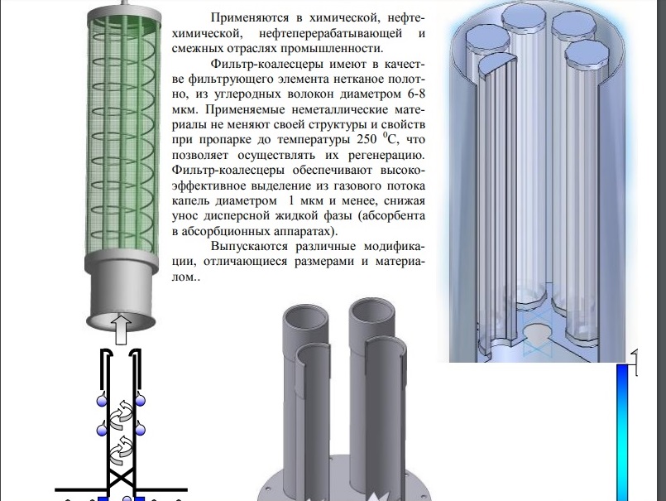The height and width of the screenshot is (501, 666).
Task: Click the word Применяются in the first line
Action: tap(250, 18)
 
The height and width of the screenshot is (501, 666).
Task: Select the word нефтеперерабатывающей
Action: tap(330, 33)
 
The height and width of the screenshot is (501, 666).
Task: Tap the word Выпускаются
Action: tap(249, 247)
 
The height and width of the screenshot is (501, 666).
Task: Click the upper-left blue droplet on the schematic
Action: tap(102, 400)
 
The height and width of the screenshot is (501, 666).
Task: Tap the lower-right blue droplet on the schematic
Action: tap(140, 430)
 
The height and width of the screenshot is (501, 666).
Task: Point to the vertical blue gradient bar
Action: tap(622, 431)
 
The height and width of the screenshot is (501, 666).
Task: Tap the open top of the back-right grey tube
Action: tap(372, 311)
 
